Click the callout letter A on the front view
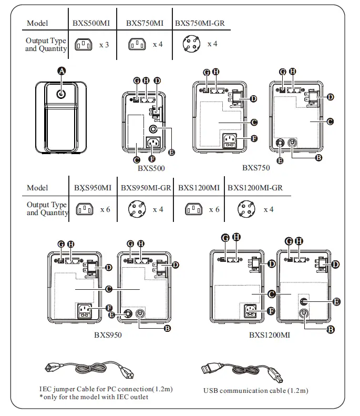pos(62,71)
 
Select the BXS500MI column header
pos(91,23)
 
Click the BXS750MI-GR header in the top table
pos(199,23)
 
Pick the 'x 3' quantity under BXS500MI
pos(104,45)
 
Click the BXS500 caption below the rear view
pos(151,169)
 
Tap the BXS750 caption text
pos(256,168)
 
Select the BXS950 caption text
pos(108,334)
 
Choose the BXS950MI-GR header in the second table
pos(146,188)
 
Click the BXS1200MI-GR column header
pos(255,188)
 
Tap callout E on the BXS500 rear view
pos(171,151)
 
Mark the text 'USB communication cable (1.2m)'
pos(256,391)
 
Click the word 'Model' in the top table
pos(37,23)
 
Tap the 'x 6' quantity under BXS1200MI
pos(214,209)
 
